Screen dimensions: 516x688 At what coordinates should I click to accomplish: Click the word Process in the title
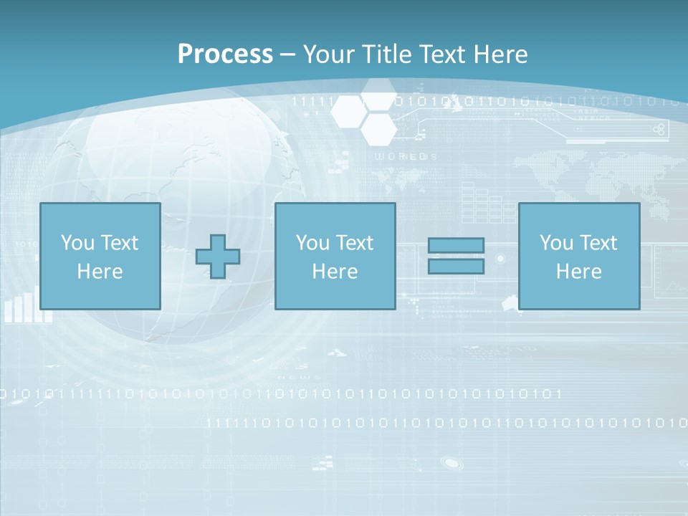(225, 54)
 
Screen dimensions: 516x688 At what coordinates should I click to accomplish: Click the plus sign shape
(218, 257)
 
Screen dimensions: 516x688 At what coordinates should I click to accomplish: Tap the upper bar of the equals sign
(456, 245)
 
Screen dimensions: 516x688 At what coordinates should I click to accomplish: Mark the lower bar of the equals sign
(456, 267)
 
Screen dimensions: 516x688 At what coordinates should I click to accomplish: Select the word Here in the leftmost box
(100, 272)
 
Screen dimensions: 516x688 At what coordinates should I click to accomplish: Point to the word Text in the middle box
(354, 243)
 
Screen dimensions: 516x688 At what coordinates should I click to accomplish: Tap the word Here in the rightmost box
(579, 272)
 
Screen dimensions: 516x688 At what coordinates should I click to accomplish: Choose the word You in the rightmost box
(555, 243)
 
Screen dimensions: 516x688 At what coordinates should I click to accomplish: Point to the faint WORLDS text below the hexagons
(406, 156)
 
